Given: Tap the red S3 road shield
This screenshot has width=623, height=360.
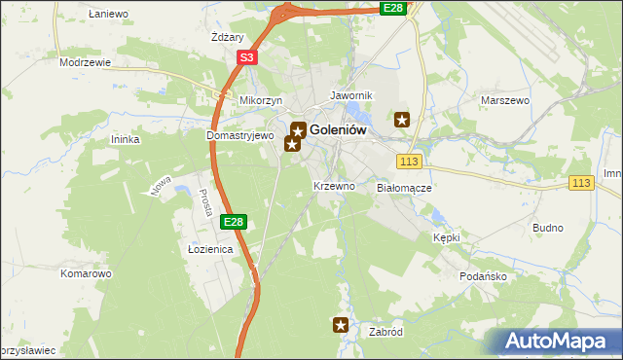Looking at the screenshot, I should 247,58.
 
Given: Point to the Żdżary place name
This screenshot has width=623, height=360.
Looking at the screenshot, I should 226,38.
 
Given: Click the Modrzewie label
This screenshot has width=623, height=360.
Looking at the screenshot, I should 86,61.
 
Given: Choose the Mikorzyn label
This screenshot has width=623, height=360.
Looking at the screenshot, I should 261,100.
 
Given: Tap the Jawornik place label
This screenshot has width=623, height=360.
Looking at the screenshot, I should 352,96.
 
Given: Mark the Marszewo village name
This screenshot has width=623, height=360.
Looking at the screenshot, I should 504,99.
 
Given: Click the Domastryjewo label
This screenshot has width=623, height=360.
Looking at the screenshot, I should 240,136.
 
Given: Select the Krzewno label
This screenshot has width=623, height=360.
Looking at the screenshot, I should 334,185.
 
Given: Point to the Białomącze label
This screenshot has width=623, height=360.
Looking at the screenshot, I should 404,187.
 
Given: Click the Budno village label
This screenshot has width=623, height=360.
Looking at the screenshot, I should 548,228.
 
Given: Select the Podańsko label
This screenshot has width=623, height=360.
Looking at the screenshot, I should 482,275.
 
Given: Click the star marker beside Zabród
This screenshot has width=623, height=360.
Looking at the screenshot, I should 341,325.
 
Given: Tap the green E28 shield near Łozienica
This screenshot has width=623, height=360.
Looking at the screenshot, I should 233,223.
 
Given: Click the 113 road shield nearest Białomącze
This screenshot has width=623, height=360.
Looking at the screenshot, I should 409,161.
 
